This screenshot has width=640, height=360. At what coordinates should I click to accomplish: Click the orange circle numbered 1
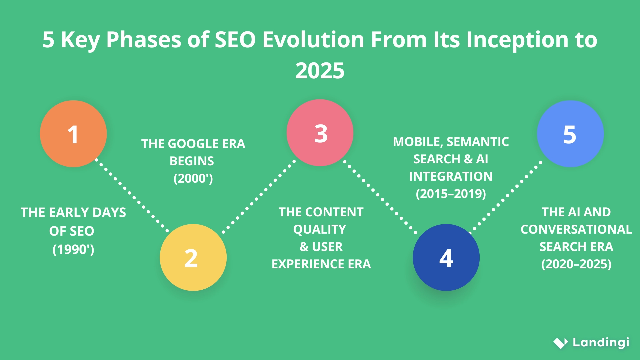[x=73, y=134]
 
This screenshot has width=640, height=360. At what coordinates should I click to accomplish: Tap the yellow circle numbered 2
[x=193, y=257]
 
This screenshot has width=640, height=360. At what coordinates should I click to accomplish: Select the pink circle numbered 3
[x=320, y=133]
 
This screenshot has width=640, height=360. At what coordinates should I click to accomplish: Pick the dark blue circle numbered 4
[x=446, y=257]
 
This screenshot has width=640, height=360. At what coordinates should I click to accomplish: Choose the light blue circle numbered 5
[x=570, y=134]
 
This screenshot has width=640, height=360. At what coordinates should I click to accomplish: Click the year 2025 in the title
[x=320, y=71]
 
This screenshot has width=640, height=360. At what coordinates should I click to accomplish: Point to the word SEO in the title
[x=235, y=40]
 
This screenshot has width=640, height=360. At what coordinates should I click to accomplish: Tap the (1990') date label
[x=73, y=249]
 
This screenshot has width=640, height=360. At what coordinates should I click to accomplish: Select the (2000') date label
[x=193, y=178]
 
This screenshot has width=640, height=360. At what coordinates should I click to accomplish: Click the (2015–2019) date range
[x=451, y=194]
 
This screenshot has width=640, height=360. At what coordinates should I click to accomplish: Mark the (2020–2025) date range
[x=576, y=264]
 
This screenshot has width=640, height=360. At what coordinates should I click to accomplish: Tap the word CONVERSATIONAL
[x=576, y=229]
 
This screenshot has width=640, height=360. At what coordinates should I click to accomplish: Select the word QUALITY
[x=320, y=229]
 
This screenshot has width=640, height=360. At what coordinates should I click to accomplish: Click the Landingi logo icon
[x=561, y=343]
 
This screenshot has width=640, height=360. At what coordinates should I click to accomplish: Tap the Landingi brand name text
[x=601, y=342]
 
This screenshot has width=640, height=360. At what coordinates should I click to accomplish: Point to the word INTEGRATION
[x=451, y=176]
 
